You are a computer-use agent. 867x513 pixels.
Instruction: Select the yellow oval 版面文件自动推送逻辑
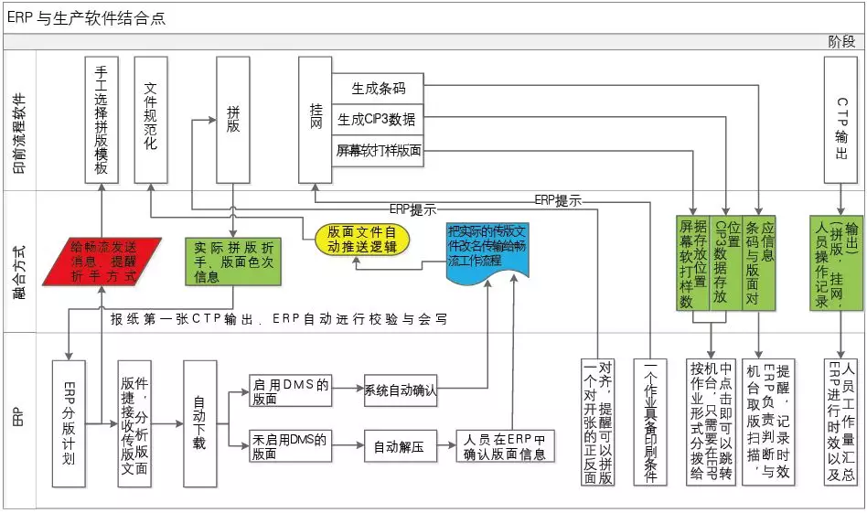click(x=362, y=239)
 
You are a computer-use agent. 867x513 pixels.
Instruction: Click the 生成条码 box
click(x=379, y=90)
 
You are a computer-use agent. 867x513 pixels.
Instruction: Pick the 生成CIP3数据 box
click(x=379, y=120)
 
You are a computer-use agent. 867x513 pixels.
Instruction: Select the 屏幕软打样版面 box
click(x=379, y=150)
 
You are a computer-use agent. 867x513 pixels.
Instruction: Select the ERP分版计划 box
click(x=70, y=422)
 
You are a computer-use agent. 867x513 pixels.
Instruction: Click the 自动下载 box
click(x=199, y=422)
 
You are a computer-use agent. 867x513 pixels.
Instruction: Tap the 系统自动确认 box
click(x=400, y=390)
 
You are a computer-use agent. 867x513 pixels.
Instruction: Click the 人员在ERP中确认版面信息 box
click(x=507, y=446)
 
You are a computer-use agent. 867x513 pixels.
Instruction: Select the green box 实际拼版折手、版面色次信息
click(x=232, y=261)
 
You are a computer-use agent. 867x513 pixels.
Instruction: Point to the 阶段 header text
click(x=840, y=41)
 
